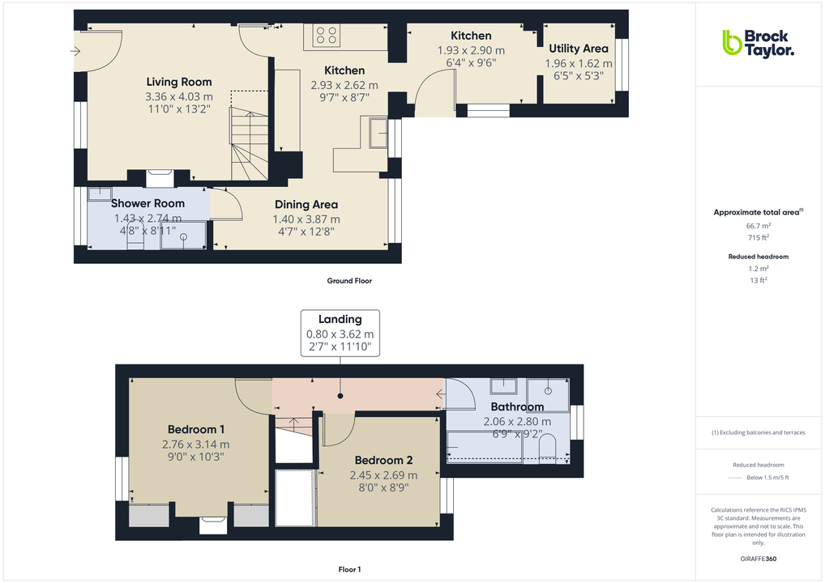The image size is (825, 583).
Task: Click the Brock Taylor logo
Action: click(x=758, y=43)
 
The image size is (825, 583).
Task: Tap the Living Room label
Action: click(x=179, y=82)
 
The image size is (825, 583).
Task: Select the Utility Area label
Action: click(x=579, y=49)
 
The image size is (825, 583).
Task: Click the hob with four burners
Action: click(x=327, y=36)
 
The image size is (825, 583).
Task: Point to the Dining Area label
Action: click(x=306, y=205)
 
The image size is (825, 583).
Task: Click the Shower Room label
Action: click(x=147, y=203)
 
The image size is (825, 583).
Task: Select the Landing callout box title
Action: click(x=340, y=319)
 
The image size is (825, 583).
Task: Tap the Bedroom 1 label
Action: click(x=196, y=429)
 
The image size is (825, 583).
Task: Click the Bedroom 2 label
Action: click(x=383, y=461)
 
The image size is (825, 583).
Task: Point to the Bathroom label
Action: click(x=517, y=406)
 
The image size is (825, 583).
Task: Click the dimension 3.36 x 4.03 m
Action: click(x=179, y=97)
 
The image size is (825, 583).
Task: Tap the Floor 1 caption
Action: click(x=349, y=570)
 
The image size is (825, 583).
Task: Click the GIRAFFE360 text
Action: click(x=758, y=559)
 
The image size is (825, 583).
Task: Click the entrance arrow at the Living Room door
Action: click(x=75, y=52)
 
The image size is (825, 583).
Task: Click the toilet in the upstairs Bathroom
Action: click(x=547, y=447)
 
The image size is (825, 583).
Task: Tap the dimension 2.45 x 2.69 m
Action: click(x=383, y=475)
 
